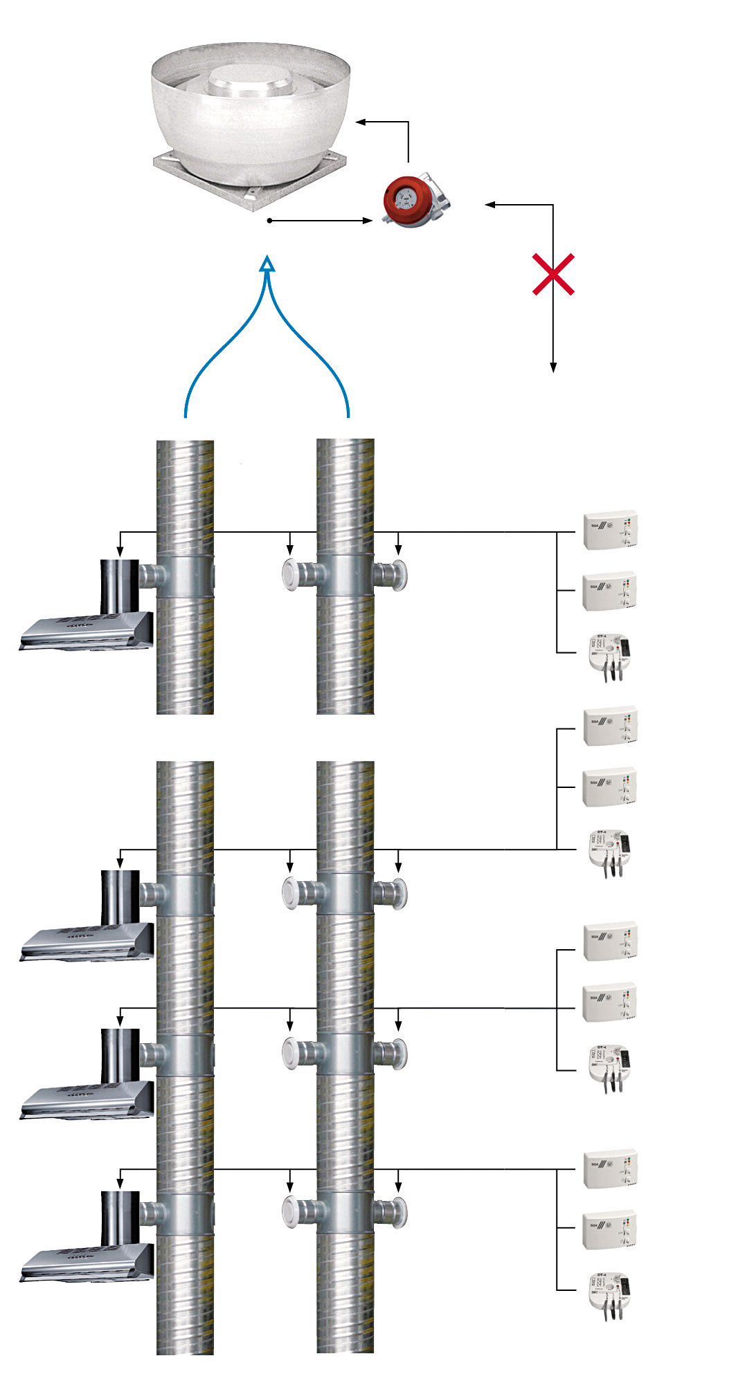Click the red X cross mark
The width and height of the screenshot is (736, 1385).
[553, 275]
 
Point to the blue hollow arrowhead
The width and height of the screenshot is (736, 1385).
[267, 264]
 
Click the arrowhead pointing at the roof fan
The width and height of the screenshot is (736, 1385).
[361, 122]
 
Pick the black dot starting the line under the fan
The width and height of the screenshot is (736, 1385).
[269, 221]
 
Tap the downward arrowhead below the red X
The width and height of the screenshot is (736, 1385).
[553, 367]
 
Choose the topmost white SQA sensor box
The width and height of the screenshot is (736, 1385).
[610, 531]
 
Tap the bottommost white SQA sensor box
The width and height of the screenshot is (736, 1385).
[610, 1229]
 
